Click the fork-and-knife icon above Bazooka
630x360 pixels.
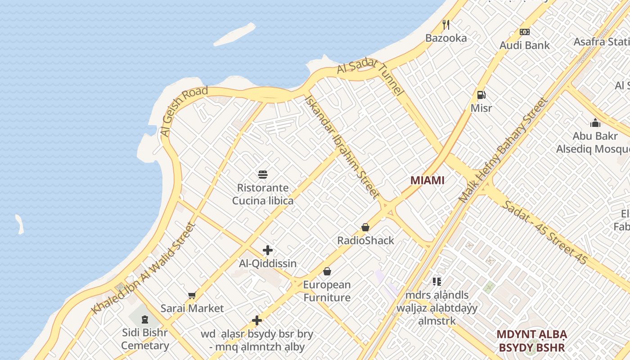click(x=446, y=24)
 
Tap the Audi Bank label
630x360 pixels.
click(x=525, y=45)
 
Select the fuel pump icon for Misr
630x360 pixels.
click(x=481, y=95)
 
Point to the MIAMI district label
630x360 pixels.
click(x=427, y=180)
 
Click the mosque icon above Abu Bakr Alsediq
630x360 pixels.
click(x=595, y=123)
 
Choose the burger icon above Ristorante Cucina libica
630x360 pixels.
click(x=263, y=175)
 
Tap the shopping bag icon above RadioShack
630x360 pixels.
click(x=365, y=227)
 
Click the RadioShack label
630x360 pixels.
click(x=365, y=240)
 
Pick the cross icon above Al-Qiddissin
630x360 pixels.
click(x=268, y=250)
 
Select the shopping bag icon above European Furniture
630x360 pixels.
click(x=327, y=271)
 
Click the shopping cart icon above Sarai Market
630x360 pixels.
click(x=192, y=295)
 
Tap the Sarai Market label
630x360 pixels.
click(x=192, y=308)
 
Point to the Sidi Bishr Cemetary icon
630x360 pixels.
click(x=144, y=319)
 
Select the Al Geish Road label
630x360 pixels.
click(x=184, y=111)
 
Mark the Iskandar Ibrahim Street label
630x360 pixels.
click(x=342, y=146)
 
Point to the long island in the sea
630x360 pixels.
click(x=234, y=35)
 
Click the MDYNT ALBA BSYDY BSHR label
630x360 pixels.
click(x=531, y=341)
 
